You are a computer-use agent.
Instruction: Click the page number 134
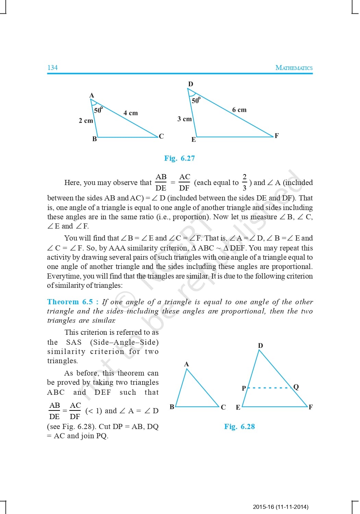[x=52, y=68]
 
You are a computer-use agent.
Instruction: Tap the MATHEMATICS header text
[x=294, y=68]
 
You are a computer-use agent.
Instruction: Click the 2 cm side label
[x=86, y=121]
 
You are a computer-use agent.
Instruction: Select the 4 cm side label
[x=131, y=113]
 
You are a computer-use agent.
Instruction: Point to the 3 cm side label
[x=184, y=119]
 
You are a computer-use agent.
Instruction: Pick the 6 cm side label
[x=239, y=110]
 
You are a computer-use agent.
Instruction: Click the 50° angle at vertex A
[x=98, y=110]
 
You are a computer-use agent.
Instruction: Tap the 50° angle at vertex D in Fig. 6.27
[x=196, y=100]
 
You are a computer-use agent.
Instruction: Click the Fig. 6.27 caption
[x=179, y=158]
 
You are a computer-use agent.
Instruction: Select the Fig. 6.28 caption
[x=239, y=427]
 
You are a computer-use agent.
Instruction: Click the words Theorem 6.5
[x=70, y=302]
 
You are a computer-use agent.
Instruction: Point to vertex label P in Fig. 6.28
[x=244, y=388]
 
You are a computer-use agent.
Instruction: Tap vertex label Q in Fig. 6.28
[x=296, y=387]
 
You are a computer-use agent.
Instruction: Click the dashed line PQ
[x=269, y=388]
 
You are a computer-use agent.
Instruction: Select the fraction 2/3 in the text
[x=244, y=182]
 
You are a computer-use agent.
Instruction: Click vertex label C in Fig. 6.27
[x=161, y=136]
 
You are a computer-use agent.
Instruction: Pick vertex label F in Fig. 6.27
[x=277, y=136]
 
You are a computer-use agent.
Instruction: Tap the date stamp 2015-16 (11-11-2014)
[x=280, y=507]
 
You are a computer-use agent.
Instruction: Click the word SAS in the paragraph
[x=74, y=342]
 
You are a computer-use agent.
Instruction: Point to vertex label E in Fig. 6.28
[x=238, y=407]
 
